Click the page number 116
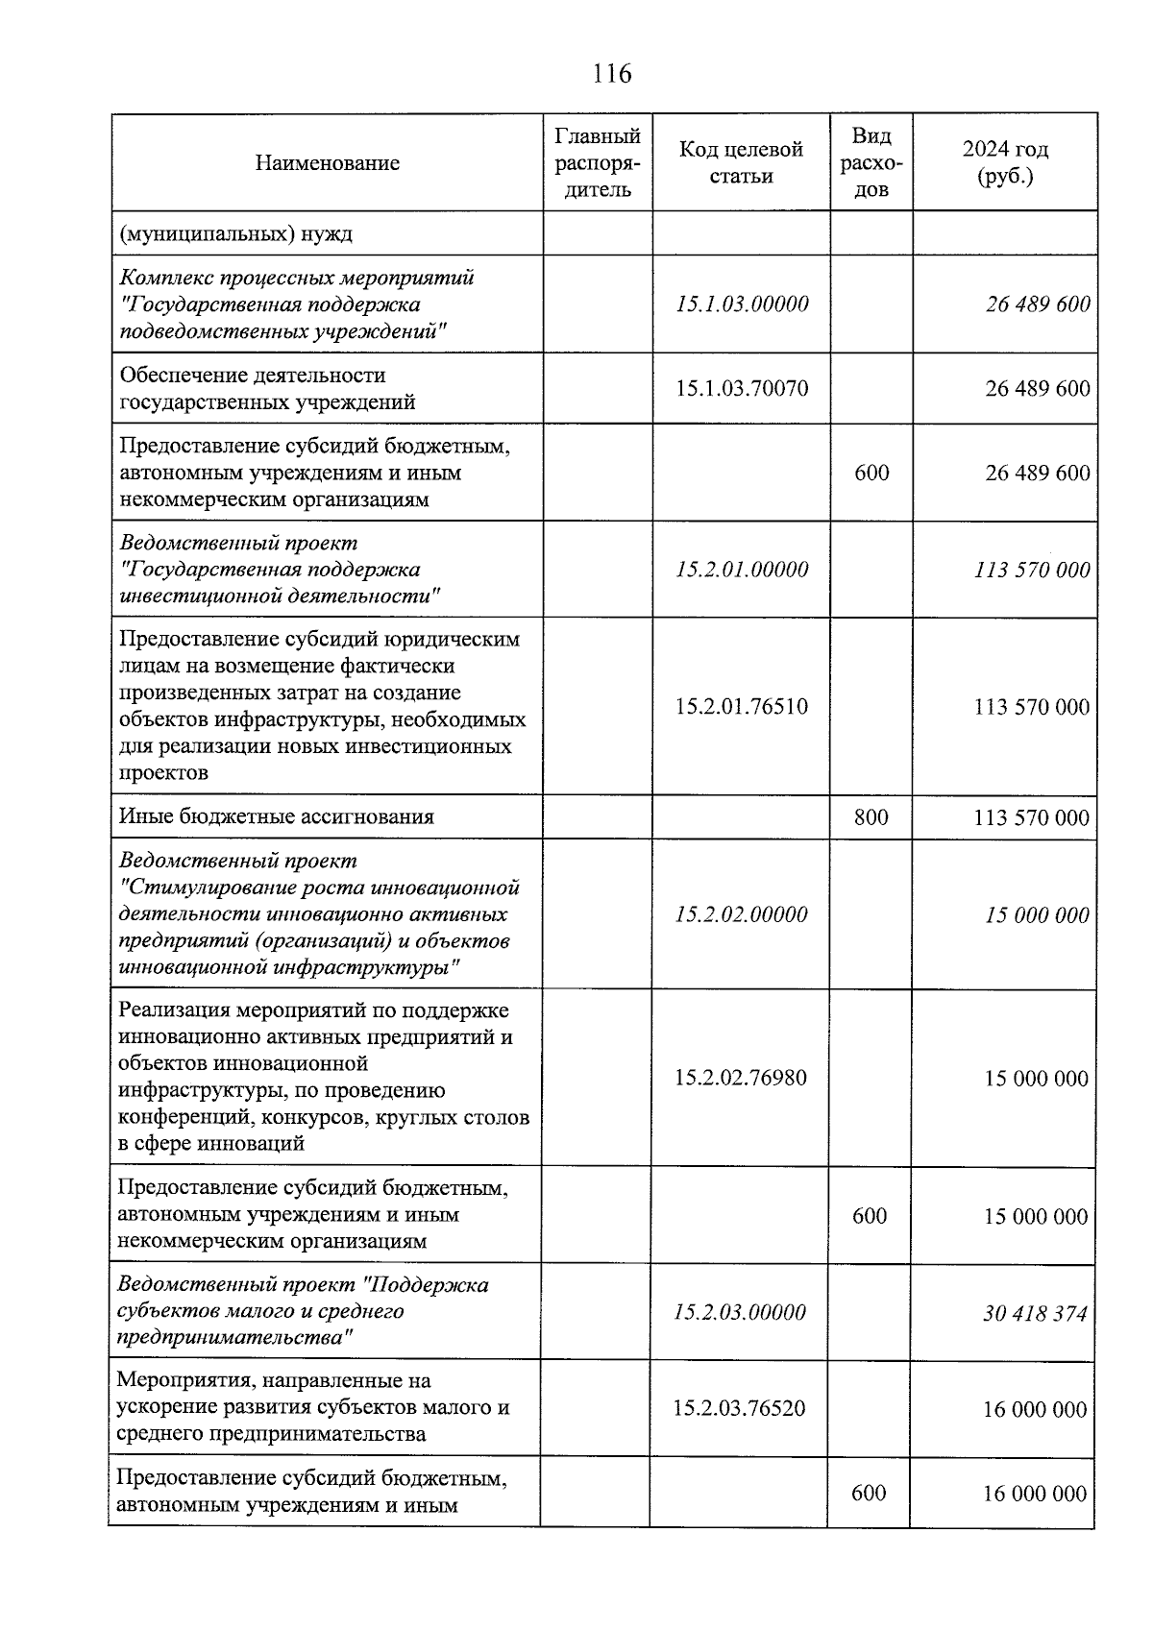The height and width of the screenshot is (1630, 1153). [612, 74]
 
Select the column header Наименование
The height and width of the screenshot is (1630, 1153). [328, 163]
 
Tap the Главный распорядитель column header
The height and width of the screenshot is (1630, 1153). [598, 163]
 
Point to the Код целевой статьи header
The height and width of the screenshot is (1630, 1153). [741, 163]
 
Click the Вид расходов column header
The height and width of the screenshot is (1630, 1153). [871, 163]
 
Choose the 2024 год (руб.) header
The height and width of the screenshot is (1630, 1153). [1005, 163]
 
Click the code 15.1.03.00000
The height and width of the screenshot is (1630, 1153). [742, 304]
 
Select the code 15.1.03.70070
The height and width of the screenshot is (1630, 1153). [742, 389]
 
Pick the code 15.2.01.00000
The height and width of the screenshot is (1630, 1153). [742, 570]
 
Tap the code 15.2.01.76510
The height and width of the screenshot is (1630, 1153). [742, 707]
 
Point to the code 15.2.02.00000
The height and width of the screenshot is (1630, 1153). [741, 914]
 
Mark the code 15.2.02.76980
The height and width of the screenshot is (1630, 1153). [741, 1078]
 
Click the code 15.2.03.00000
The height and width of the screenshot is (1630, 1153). [740, 1313]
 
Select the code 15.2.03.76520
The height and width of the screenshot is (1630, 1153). [740, 1409]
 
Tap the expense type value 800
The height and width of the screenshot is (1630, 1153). [871, 817]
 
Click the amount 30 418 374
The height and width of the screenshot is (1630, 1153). [1035, 1313]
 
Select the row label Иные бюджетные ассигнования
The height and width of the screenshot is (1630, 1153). [277, 817]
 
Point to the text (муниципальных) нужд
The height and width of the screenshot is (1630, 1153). [236, 233]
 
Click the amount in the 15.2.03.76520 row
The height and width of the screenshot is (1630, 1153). [1035, 1410]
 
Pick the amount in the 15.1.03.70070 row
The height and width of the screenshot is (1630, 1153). [1038, 389]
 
